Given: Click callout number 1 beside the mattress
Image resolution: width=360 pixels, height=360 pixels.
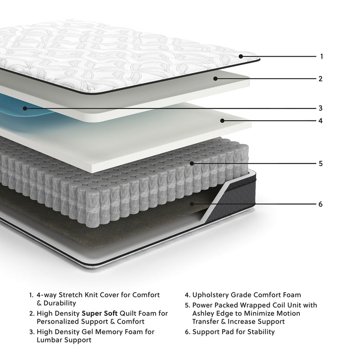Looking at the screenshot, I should [321, 57].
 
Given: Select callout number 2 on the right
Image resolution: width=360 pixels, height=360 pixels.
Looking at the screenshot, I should [320, 79].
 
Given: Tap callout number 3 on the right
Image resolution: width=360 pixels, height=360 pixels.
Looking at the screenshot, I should [320, 109].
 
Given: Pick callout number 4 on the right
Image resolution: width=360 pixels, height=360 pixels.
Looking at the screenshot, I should [320, 121].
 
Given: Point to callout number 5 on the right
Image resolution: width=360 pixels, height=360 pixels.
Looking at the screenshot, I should [320, 164].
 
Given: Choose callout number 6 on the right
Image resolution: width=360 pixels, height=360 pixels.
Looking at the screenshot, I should [320, 204].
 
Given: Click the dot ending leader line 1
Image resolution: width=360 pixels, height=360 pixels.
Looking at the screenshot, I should [241, 57].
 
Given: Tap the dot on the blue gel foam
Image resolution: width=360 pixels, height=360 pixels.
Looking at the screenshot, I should [24, 109].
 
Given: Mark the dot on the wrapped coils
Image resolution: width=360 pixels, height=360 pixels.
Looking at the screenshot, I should [192, 164].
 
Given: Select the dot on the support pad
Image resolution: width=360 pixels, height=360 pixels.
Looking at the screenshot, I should [192, 204].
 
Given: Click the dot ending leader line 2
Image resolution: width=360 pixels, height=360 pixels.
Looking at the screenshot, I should [216, 79].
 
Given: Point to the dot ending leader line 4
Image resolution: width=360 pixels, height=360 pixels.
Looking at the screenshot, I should [222, 121].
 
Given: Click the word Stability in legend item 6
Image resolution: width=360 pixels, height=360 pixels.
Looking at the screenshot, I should [259, 332].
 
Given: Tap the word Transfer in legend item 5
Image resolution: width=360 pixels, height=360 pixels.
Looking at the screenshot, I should [207, 321].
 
